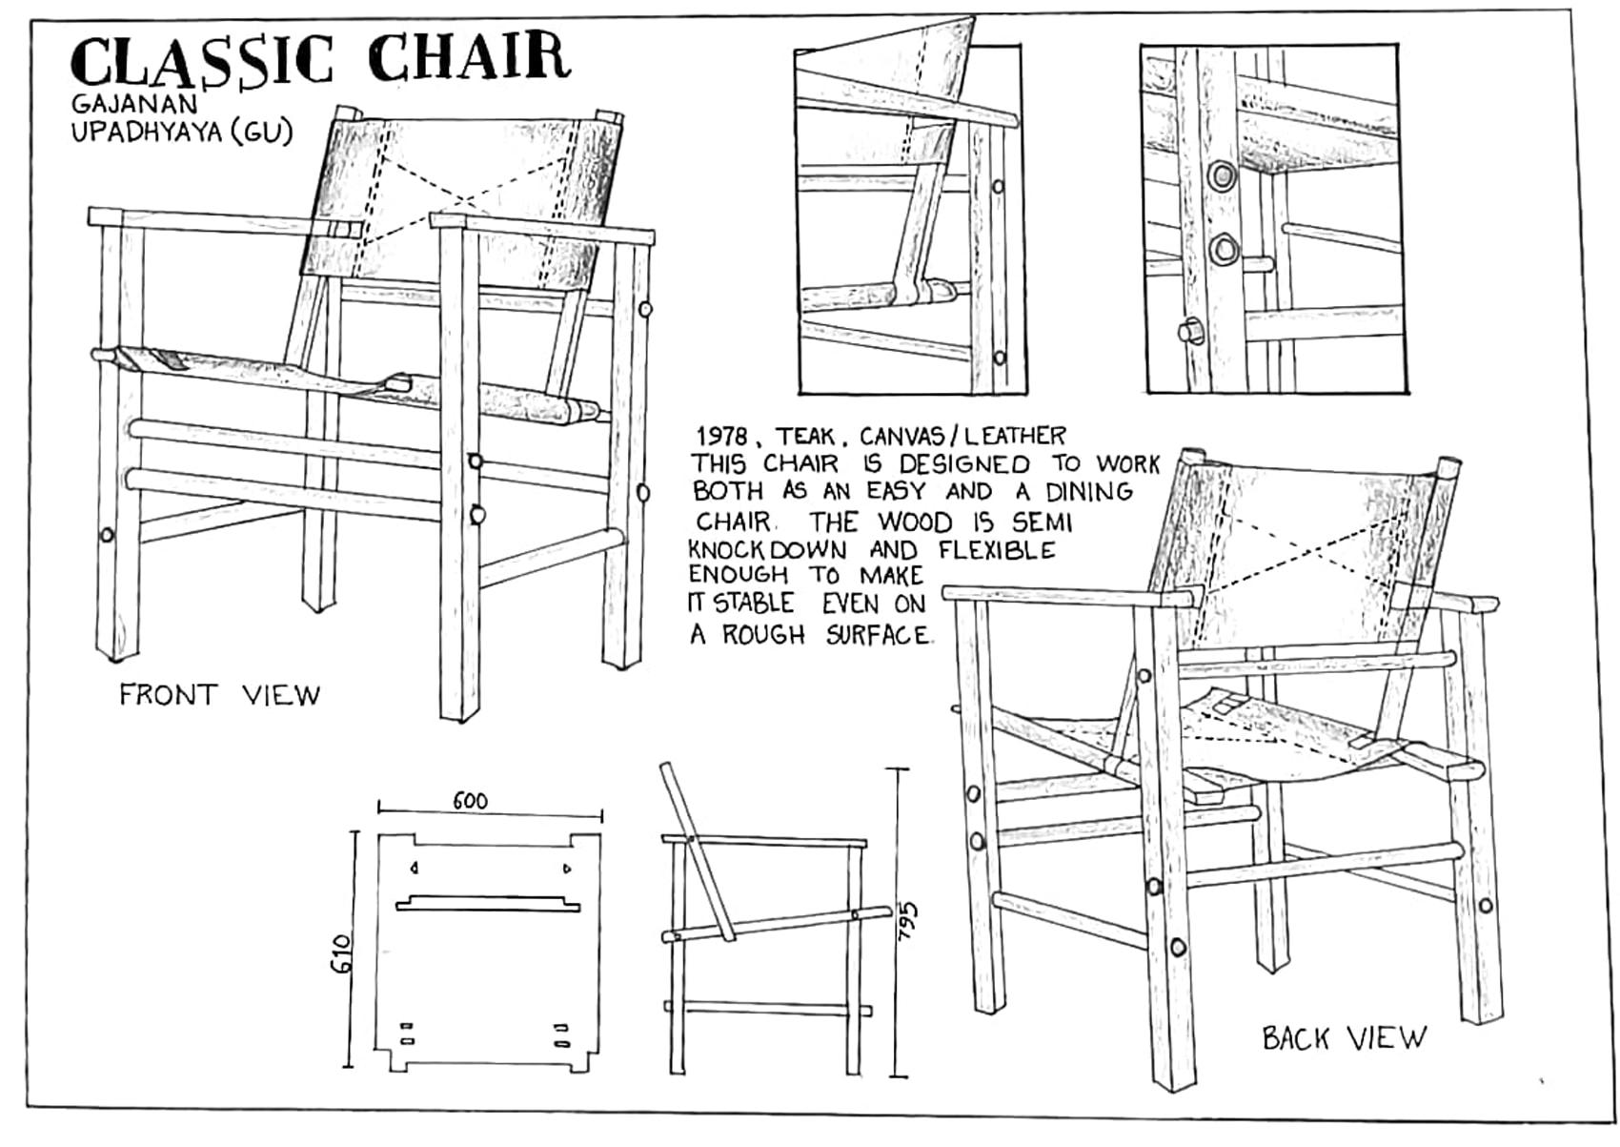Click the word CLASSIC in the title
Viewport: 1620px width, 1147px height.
[202, 59]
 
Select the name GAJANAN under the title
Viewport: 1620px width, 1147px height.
[133, 102]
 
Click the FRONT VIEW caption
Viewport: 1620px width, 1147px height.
[219, 695]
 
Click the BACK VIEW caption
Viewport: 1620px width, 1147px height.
[1344, 1037]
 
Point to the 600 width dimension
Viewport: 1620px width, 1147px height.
[470, 801]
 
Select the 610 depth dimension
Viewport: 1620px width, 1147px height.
[342, 953]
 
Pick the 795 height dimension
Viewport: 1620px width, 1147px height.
[911, 922]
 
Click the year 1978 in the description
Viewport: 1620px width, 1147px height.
[720, 437]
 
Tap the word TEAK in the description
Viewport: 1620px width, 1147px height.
[804, 437]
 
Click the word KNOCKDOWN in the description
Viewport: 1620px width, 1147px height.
[767, 551]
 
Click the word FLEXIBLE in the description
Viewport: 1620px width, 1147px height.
[997, 550]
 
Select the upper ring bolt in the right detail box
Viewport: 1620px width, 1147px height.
[1221, 175]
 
